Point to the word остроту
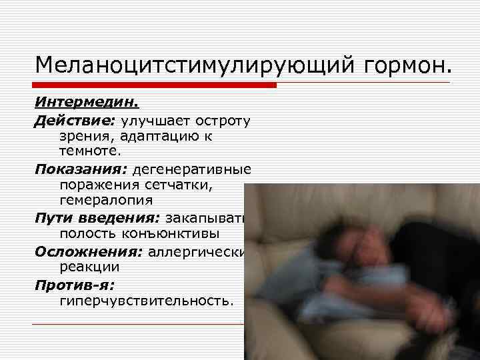click(223, 120)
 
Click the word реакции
click(89, 267)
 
